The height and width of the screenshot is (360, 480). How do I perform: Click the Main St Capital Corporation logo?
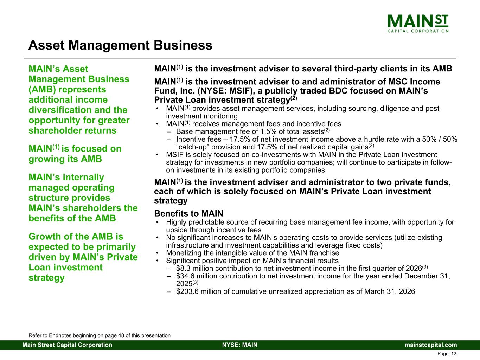point(418,24)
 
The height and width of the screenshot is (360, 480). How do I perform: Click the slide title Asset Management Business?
point(120,45)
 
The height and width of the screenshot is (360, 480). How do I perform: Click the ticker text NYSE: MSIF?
point(221,91)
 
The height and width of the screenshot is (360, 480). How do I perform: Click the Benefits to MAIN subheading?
point(188,213)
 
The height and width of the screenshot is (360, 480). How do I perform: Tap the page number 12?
point(454,354)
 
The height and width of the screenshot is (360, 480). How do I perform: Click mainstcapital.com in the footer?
point(431,345)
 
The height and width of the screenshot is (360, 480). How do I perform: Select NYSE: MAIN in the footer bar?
point(240,345)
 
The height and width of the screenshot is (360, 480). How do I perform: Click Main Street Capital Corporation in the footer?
point(67,345)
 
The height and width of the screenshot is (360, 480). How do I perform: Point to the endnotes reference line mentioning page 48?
point(100,335)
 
